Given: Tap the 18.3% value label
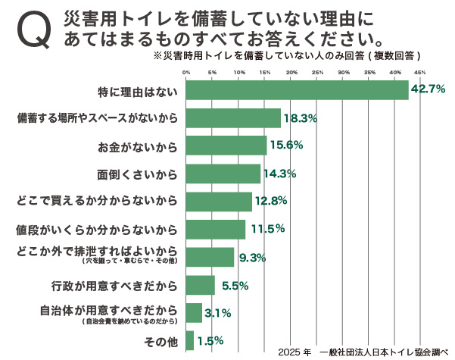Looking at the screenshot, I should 300,118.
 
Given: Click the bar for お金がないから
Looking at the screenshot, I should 226,146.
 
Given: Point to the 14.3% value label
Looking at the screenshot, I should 279,174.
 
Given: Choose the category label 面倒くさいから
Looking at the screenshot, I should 137,174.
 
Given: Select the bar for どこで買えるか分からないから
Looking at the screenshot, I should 219,201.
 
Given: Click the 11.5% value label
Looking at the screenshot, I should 264,229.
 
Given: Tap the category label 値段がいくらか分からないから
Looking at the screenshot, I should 97,229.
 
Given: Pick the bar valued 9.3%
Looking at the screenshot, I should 210,257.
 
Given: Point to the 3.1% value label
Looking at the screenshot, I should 217,313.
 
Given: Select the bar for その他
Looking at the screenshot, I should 190,340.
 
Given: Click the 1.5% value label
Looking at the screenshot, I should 210,341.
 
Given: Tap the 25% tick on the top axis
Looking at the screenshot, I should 317,73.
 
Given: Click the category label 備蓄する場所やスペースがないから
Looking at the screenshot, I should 97,118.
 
